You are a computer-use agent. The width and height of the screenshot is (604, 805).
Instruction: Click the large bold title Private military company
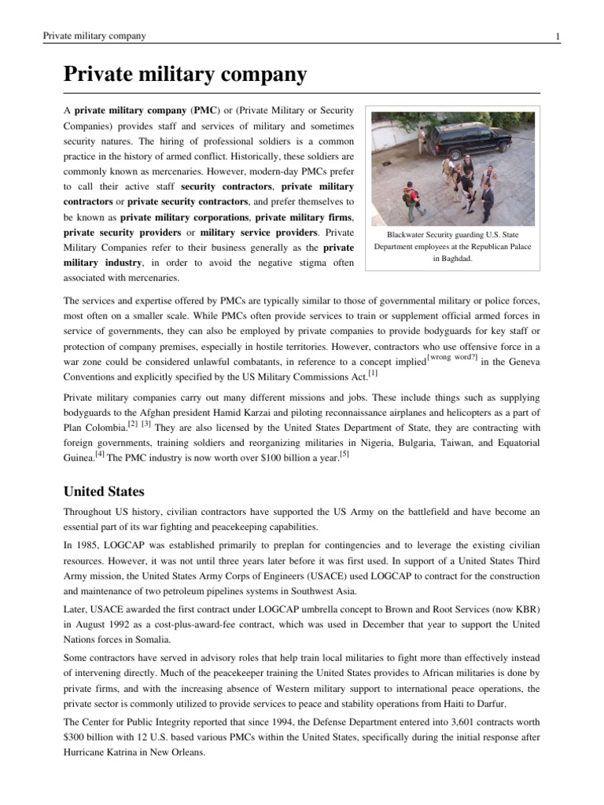(x=184, y=75)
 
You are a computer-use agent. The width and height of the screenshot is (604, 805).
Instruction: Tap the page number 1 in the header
(x=557, y=37)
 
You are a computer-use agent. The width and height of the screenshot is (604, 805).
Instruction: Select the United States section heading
(x=104, y=491)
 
